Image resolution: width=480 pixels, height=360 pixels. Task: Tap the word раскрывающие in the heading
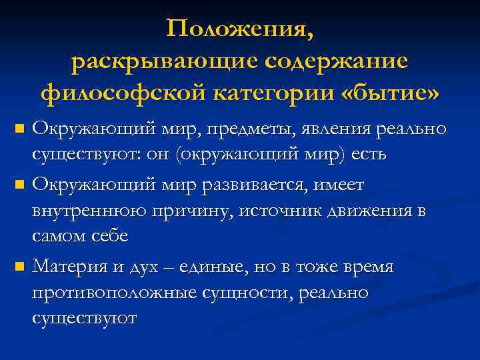tap(162, 61)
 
